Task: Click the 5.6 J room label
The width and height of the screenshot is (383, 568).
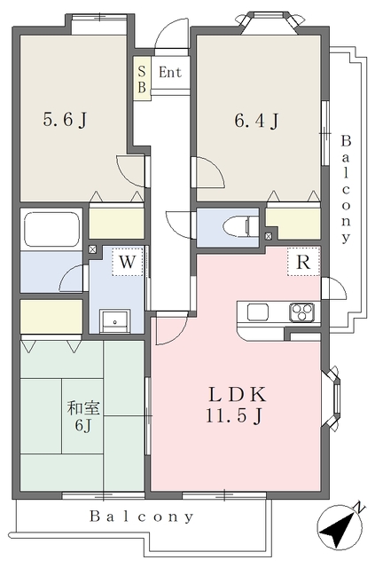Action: tap(65, 120)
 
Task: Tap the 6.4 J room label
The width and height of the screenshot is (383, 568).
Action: tap(256, 121)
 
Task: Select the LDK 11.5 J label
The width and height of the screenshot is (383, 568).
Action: tap(236, 405)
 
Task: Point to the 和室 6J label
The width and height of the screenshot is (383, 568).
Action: tap(83, 416)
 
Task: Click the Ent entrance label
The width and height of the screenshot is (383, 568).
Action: tap(170, 73)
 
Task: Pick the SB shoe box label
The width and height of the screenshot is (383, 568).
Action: tap(142, 79)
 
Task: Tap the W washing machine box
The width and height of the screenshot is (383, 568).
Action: tap(127, 262)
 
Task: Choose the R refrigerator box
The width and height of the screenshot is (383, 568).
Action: tap(304, 262)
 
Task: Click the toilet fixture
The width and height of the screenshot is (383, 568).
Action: tap(240, 227)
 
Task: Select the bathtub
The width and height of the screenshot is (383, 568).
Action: tap(51, 229)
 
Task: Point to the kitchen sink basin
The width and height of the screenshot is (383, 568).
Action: tap(258, 312)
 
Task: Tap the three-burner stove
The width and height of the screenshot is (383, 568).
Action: tap(301, 312)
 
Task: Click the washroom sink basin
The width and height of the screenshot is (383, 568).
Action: tap(114, 321)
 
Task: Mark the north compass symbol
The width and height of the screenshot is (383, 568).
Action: tap(340, 527)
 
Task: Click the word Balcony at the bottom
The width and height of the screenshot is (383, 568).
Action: tap(142, 517)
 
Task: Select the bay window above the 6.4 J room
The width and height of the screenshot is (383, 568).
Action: tap(269, 23)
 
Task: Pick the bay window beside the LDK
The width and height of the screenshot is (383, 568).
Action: tap(332, 398)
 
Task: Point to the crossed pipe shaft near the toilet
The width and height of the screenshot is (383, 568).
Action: tap(269, 236)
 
